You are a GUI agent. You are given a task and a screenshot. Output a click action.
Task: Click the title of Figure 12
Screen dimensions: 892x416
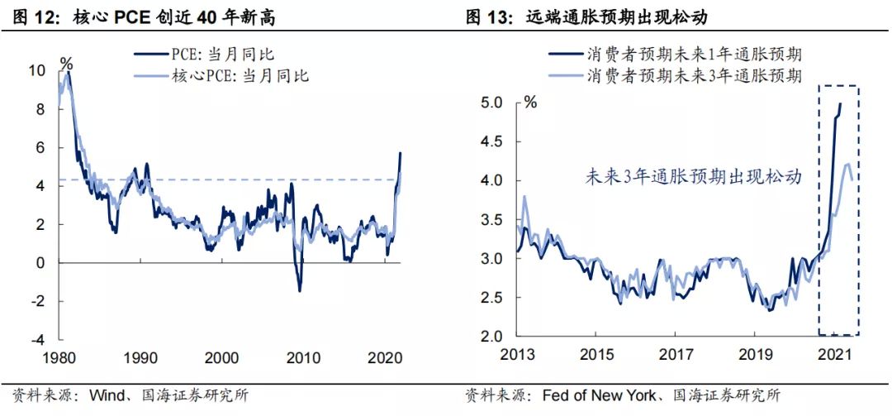144,17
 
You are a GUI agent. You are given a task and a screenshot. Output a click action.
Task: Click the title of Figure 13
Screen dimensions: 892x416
586,17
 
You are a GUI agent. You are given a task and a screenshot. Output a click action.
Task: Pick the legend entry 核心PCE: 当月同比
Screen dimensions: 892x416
222,75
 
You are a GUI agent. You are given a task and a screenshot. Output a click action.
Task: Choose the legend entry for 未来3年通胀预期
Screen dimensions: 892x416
676,75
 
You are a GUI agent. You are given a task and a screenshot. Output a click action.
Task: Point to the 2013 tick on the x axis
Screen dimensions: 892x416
518,355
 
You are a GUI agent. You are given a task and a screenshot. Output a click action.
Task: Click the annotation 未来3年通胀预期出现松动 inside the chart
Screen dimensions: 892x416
694,177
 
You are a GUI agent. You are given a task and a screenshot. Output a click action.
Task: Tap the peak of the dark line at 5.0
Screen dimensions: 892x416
841,103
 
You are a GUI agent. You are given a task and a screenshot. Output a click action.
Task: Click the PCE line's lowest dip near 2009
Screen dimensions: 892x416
299,290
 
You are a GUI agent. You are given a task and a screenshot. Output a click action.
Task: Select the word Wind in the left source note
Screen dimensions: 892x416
105,395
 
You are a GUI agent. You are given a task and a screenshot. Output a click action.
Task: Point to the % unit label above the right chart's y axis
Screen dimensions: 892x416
530,103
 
